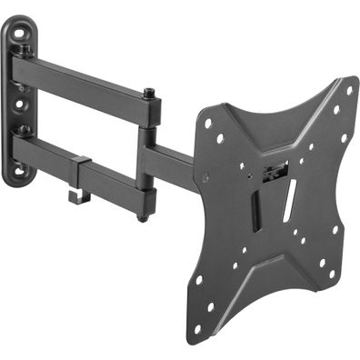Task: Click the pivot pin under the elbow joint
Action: click(141, 216)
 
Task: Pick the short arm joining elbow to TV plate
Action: click(173, 164)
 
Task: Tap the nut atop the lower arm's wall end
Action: click(19, 134)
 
